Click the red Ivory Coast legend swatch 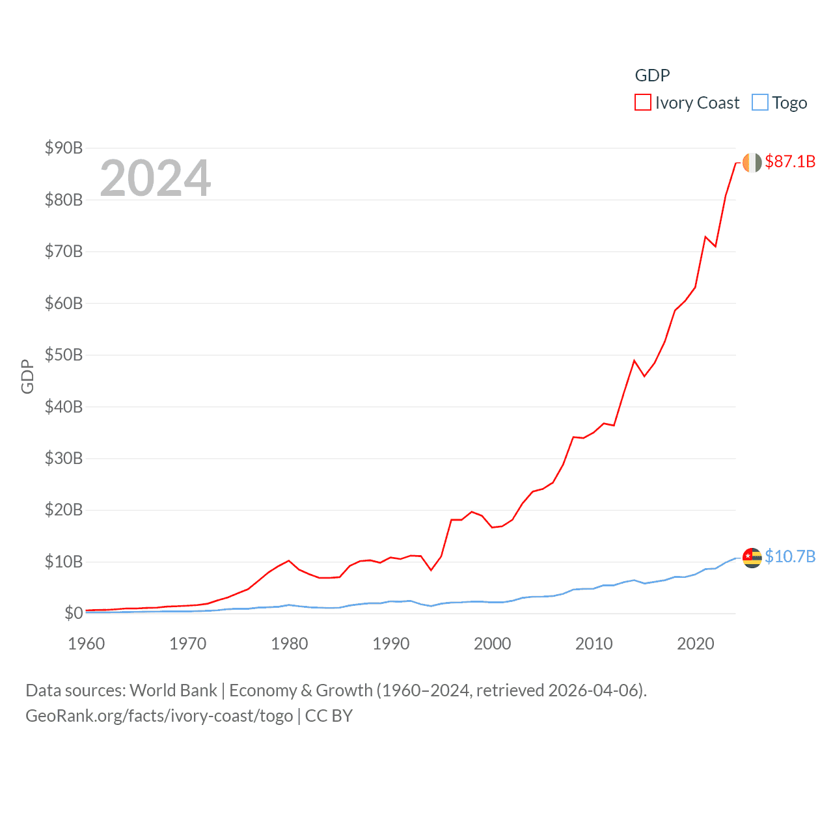[x=642, y=103]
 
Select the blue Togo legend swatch [x=759, y=103]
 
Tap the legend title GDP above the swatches [x=652, y=75]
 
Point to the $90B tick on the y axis [x=64, y=148]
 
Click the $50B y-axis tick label [x=64, y=355]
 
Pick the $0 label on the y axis [x=74, y=613]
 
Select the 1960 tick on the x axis [x=87, y=644]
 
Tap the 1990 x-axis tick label [x=390, y=644]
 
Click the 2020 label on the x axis [x=695, y=644]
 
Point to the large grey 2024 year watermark [x=155, y=178]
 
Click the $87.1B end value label [x=790, y=161]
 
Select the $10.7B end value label [x=790, y=556]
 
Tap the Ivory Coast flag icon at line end [x=752, y=163]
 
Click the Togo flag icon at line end [x=752, y=558]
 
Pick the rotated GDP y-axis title [x=27, y=376]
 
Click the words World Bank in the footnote [x=173, y=690]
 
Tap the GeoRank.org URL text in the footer [x=159, y=716]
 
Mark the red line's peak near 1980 [x=289, y=560]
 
